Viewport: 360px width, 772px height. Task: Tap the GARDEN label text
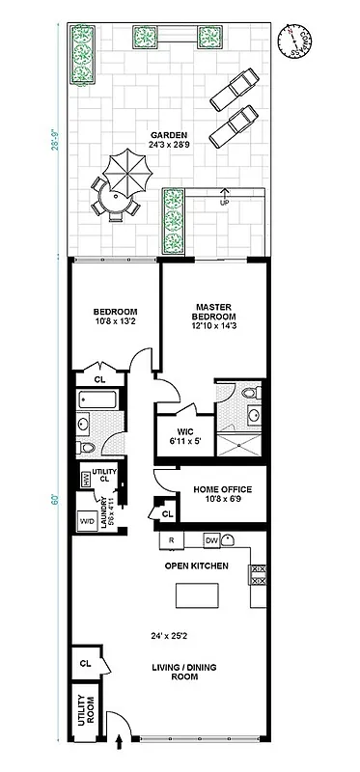point(168,135)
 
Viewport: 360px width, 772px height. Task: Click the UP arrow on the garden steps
point(226,197)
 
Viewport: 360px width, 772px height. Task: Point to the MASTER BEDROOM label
point(214,311)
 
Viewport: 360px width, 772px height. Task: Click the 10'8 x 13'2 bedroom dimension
point(116,323)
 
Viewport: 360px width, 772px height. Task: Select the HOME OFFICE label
point(224,489)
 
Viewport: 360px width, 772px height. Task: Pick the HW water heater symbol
point(85,479)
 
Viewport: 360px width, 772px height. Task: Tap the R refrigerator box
point(171,540)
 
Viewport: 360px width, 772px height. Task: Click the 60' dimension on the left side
point(56,499)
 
